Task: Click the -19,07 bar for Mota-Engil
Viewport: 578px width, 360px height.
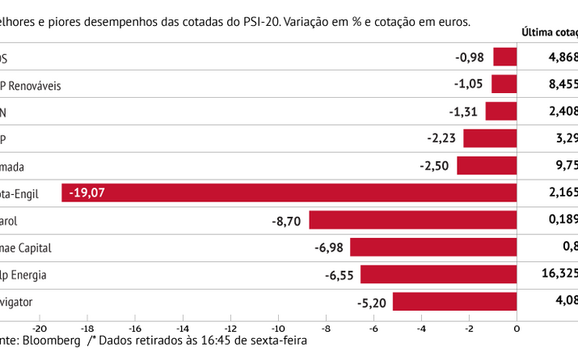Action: tap(289, 193)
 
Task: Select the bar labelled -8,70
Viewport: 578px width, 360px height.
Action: tap(412, 220)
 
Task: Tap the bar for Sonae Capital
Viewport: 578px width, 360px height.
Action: tap(432, 248)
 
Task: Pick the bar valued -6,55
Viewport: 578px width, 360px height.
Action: tap(438, 275)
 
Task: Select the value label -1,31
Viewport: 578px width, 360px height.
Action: tap(465, 112)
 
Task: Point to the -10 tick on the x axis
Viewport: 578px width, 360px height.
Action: tap(278, 329)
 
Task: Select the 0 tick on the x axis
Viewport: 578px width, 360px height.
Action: tap(517, 329)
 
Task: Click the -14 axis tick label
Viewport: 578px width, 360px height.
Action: tap(183, 329)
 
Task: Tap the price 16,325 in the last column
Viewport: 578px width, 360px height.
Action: tap(559, 275)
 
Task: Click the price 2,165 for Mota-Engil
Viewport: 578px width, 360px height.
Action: tap(561, 193)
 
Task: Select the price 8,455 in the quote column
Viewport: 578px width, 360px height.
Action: tap(561, 84)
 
